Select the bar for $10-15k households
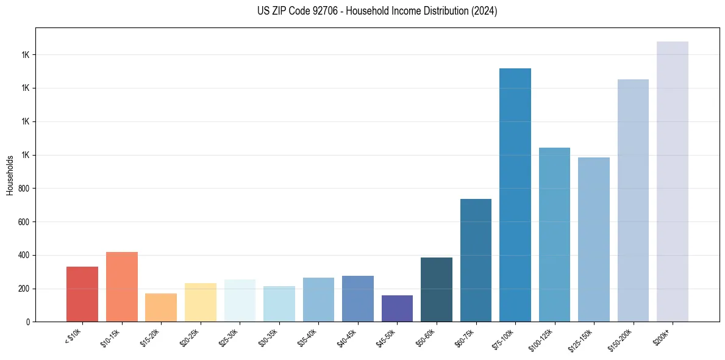122,287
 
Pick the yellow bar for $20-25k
201,302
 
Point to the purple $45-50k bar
397,308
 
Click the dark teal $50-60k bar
437,289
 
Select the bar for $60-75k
476,260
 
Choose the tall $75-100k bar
515,195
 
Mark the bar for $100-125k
554,234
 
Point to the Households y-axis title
10,175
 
